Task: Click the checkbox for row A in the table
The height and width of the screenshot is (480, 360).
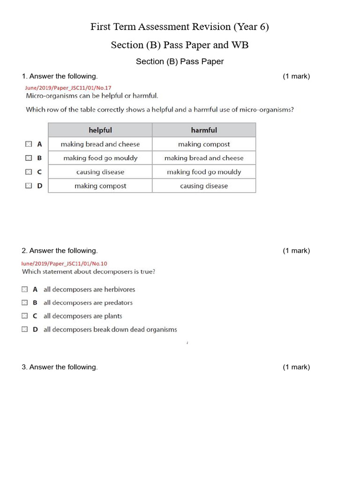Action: click(x=29, y=144)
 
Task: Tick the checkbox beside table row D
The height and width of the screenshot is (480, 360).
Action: click(x=29, y=186)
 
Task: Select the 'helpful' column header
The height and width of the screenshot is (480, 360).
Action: click(x=100, y=130)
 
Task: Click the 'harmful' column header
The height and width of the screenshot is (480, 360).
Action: click(x=204, y=130)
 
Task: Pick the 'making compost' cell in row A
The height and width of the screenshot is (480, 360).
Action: click(x=204, y=144)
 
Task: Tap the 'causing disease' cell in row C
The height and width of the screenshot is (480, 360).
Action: click(x=100, y=172)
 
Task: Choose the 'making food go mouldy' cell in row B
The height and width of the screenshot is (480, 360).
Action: click(x=100, y=158)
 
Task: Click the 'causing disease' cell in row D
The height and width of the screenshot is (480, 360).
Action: click(x=204, y=186)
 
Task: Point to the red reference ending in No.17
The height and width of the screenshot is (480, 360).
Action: click(x=68, y=88)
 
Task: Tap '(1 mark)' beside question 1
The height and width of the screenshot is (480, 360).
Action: click(x=296, y=76)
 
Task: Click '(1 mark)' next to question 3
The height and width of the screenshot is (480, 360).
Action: click(x=296, y=367)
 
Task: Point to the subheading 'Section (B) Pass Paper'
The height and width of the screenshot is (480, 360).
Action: click(x=180, y=61)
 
